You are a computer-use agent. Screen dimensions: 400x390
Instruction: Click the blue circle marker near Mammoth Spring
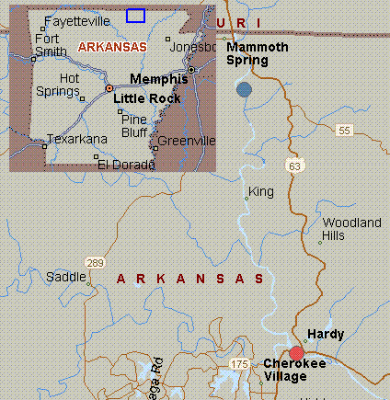click(x=244, y=89)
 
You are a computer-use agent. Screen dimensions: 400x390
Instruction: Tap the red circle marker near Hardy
click(x=296, y=353)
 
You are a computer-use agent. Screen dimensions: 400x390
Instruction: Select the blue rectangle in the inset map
click(x=135, y=15)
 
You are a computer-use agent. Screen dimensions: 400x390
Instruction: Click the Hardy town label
click(x=326, y=335)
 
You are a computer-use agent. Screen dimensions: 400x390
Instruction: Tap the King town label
click(x=261, y=192)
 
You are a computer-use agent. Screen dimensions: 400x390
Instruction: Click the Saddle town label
click(x=65, y=277)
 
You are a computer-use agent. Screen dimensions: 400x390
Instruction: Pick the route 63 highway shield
click(x=294, y=166)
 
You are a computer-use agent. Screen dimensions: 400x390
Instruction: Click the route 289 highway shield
click(x=95, y=263)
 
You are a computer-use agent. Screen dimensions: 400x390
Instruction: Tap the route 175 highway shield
click(x=240, y=365)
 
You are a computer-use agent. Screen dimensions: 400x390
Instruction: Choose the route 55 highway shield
click(x=344, y=131)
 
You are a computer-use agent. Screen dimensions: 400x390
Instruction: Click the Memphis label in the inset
click(x=158, y=79)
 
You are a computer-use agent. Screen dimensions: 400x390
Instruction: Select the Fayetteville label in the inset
click(x=73, y=18)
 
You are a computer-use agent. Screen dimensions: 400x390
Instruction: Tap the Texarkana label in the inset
click(x=78, y=139)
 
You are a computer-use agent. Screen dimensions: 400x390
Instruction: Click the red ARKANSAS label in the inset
click(x=112, y=46)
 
